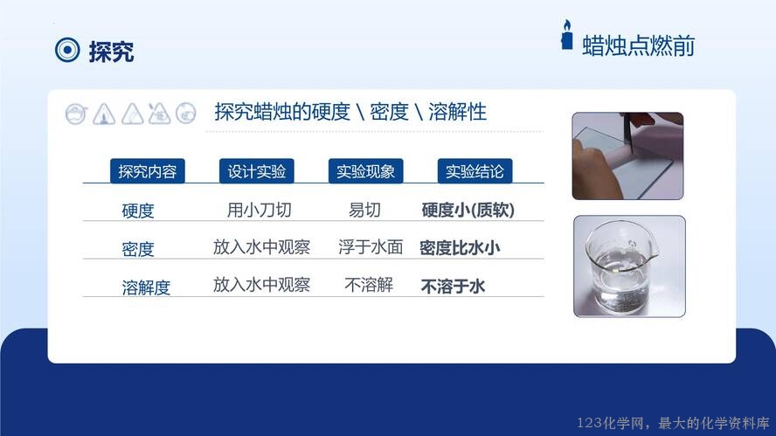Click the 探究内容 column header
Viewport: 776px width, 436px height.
click(148, 171)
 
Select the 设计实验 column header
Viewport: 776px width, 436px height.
click(256, 171)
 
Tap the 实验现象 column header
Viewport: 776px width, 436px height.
click(366, 171)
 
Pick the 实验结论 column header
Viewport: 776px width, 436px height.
click(475, 171)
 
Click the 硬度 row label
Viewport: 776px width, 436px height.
click(138, 211)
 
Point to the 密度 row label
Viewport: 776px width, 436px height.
click(138, 249)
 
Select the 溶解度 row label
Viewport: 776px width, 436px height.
click(146, 287)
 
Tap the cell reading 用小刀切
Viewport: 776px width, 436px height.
click(260, 210)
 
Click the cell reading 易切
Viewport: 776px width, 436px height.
click(364, 210)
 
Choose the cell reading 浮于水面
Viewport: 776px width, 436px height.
click(371, 247)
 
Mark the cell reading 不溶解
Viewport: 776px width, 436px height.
click(369, 285)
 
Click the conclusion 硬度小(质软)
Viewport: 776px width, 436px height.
click(468, 211)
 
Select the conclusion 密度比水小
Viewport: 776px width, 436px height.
click(460, 247)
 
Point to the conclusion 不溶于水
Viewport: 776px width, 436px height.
click(453, 286)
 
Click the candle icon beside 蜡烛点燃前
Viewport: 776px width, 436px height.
click(566, 35)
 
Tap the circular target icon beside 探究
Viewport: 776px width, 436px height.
click(67, 50)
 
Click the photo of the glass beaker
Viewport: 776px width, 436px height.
click(629, 266)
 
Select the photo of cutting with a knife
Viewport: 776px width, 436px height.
click(627, 156)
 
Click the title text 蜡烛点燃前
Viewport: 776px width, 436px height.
click(639, 46)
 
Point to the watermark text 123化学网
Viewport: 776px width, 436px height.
click(611, 423)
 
